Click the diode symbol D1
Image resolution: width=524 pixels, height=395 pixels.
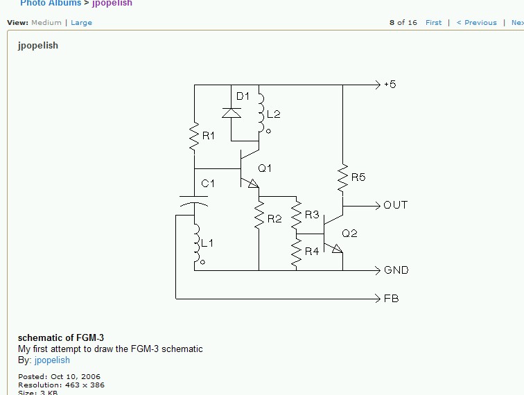(231, 111)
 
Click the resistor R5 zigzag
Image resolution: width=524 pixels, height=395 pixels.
(342, 178)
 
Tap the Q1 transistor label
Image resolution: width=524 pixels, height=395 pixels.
(265, 168)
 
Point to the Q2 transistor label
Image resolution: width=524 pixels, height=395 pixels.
(349, 234)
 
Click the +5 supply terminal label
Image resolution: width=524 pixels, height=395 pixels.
(390, 85)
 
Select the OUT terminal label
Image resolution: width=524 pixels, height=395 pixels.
(396, 205)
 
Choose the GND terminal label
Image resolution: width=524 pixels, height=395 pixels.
(396, 270)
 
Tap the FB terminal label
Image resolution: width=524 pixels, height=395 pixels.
(391, 299)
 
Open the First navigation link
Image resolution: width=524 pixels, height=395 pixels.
(433, 23)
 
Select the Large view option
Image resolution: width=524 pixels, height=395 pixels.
(81, 23)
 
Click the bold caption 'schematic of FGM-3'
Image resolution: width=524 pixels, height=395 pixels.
(61, 338)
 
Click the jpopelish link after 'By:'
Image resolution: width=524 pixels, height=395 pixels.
(52, 360)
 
